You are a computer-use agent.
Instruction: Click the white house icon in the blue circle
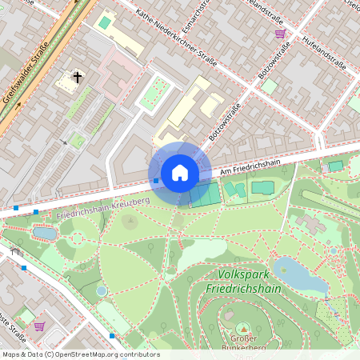pyautogui.click(x=180, y=173)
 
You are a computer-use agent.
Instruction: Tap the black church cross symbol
pyautogui.click(x=78, y=78)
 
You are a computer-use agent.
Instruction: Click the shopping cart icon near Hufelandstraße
pyautogui.click(x=280, y=34)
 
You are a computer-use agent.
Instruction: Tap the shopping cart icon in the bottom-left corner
pyautogui.click(x=39, y=326)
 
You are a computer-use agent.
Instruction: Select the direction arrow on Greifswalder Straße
pyautogui.click(x=63, y=142)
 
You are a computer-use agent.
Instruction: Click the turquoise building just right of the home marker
pyautogui.click(x=205, y=194)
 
